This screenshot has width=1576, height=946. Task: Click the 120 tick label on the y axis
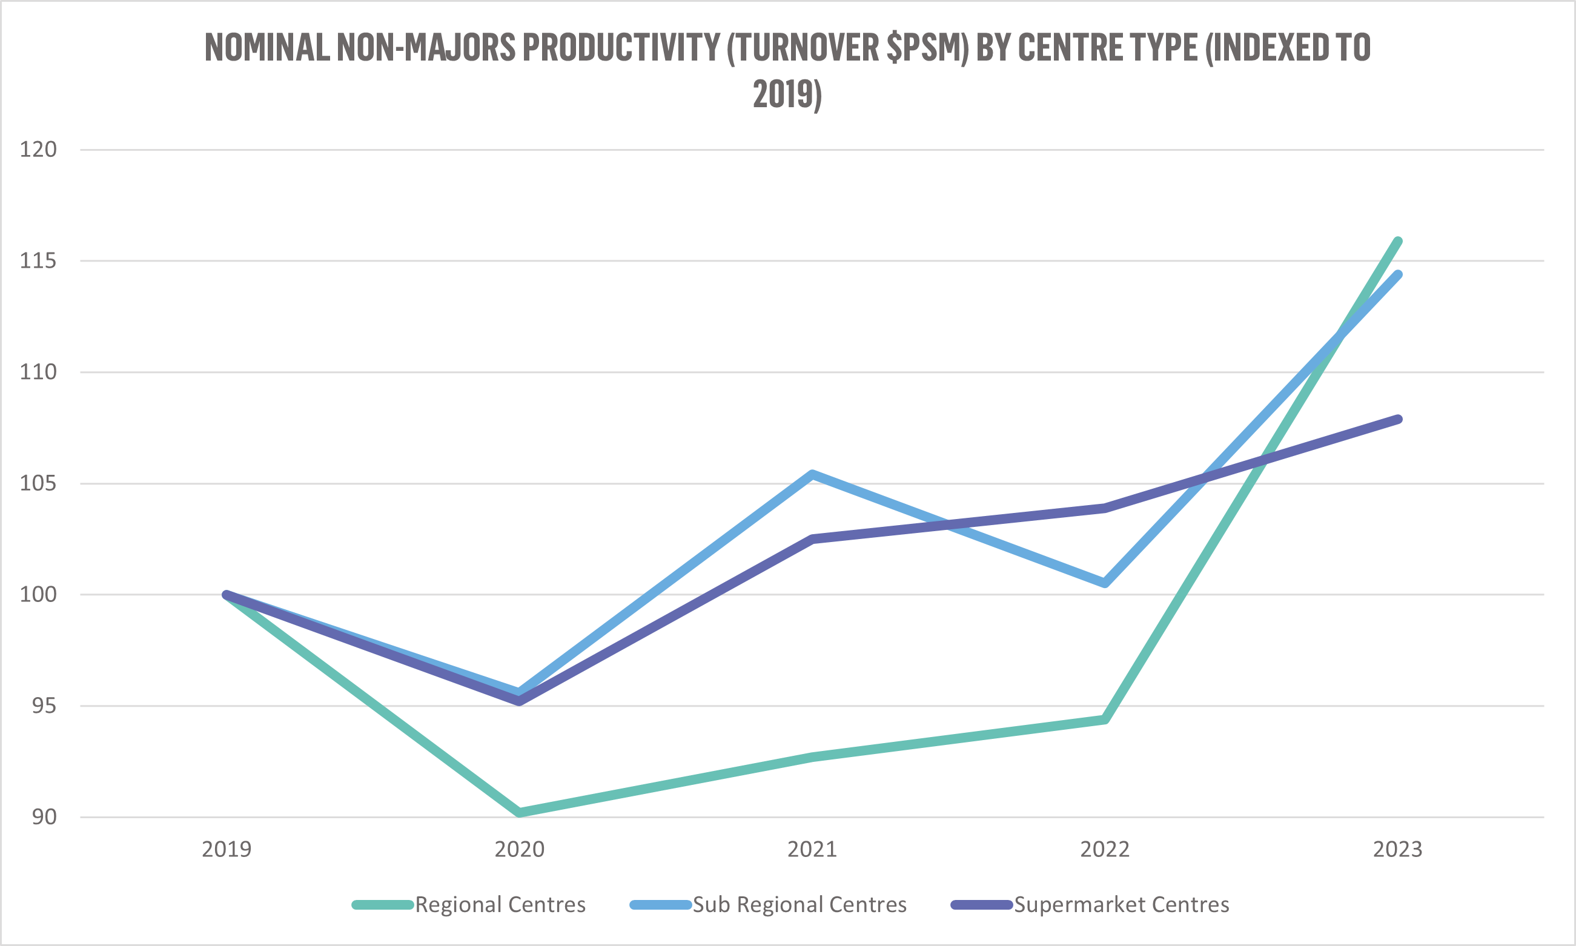[x=38, y=149]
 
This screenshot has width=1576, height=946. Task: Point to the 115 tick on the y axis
[x=38, y=260]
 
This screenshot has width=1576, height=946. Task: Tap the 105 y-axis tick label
[x=38, y=483]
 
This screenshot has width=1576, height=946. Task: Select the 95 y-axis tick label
[x=44, y=706]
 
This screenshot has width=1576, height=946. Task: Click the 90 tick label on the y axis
[x=44, y=816]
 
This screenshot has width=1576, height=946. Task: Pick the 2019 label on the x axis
[x=227, y=850]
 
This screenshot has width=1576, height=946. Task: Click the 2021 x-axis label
[x=812, y=850]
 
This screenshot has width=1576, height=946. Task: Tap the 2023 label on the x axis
[x=1397, y=850]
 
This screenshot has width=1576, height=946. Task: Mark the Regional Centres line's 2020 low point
[x=520, y=812]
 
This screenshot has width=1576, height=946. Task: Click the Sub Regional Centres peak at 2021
[x=812, y=474]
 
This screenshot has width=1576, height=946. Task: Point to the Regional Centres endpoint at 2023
[x=1397, y=242]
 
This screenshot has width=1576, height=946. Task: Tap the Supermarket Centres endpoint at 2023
[x=1397, y=420]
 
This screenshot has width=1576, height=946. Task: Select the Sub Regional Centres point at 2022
[x=1105, y=583]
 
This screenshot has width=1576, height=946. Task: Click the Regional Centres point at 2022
[x=1105, y=719]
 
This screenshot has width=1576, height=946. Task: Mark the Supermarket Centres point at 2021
[x=812, y=539]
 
